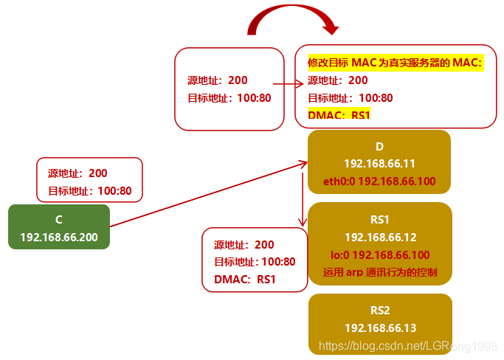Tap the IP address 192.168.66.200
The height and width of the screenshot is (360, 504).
pyautogui.click(x=59, y=237)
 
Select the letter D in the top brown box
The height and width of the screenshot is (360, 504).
pyautogui.click(x=380, y=147)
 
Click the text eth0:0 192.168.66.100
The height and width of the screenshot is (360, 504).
pyautogui.click(x=380, y=181)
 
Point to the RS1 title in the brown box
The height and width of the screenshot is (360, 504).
pyautogui.click(x=380, y=219)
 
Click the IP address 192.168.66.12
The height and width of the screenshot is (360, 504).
pyautogui.click(x=380, y=237)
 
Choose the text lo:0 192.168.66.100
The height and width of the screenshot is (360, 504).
pyautogui.click(x=380, y=255)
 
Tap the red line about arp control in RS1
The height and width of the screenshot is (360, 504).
pyautogui.click(x=380, y=272)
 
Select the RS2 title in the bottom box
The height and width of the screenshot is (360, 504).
pyautogui.click(x=380, y=311)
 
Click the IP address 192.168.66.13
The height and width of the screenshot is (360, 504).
pyautogui.click(x=380, y=328)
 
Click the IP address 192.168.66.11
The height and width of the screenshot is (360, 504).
pyautogui.click(x=380, y=163)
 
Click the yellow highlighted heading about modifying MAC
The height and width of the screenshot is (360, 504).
pyautogui.click(x=395, y=63)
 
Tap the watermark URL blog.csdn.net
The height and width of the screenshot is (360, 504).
pyautogui.click(x=405, y=345)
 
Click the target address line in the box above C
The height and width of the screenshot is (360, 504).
pyautogui.click(x=90, y=191)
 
